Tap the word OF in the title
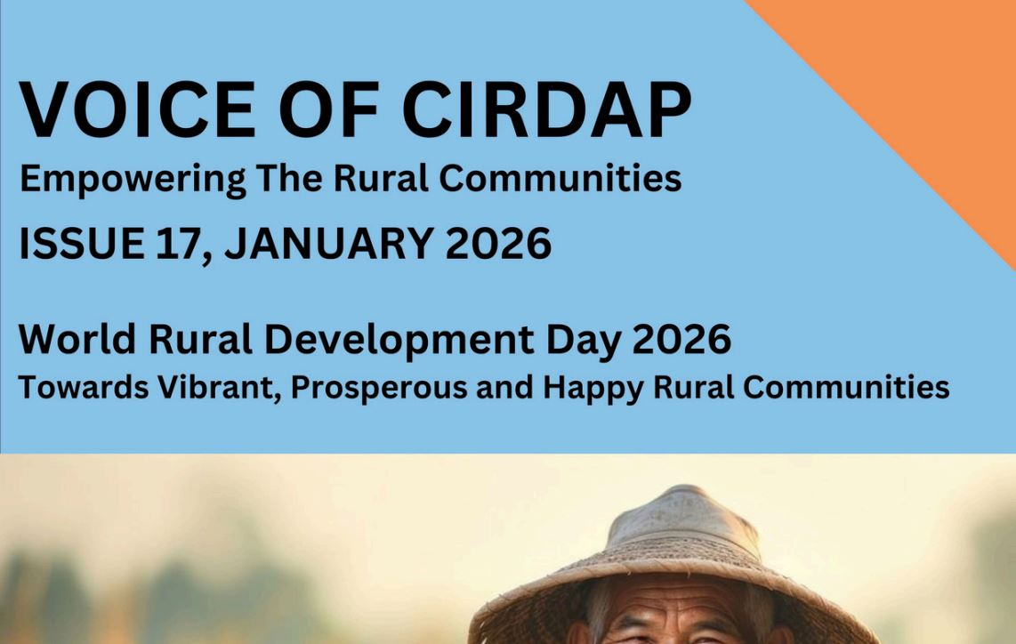pyautogui.click(x=329, y=109)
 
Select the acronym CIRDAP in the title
pyautogui.click(x=547, y=109)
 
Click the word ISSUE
pyautogui.click(x=82, y=244)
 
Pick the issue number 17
pyautogui.click(x=179, y=245)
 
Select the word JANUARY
pyautogui.click(x=329, y=244)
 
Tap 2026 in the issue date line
pyautogui.click(x=498, y=244)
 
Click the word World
pyautogui.click(x=77, y=339)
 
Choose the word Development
pyautogui.click(x=399, y=340)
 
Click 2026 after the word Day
pyautogui.click(x=681, y=339)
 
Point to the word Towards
pyautogui.click(x=84, y=388)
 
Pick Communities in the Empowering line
pyautogui.click(x=560, y=178)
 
